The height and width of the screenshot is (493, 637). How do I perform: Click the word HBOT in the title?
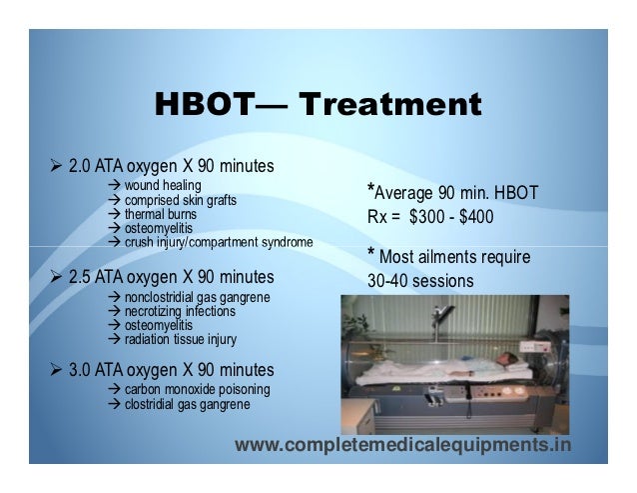coord(205,105)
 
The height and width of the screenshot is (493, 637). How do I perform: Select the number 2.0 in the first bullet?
coord(81,164)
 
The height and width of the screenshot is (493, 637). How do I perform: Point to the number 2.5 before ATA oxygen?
coord(81,276)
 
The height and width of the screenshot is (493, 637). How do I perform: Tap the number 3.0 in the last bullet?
coord(81,370)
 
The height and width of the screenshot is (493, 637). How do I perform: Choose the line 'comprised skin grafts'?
coord(180,200)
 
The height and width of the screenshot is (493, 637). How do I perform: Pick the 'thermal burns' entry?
coord(160,214)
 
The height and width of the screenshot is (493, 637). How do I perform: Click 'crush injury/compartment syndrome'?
coord(218,242)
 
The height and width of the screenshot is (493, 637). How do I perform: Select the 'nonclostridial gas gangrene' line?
coord(196,297)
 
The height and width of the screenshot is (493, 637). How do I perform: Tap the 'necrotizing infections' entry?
coord(181,311)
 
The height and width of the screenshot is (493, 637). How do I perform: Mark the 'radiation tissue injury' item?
coord(180,339)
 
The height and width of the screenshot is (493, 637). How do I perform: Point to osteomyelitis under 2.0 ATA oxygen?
coord(160,228)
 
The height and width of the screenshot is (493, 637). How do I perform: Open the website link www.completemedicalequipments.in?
coord(403,444)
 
